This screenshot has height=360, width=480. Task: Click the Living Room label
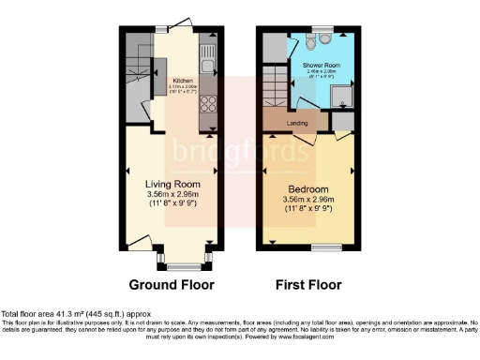pos(169,184)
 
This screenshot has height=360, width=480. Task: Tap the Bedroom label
pos(309,186)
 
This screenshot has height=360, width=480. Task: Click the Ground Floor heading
pos(172,284)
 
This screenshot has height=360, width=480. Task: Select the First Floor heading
pos(309,284)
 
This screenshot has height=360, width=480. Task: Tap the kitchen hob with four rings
pos(208,106)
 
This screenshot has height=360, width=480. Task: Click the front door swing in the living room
pos(142,241)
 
